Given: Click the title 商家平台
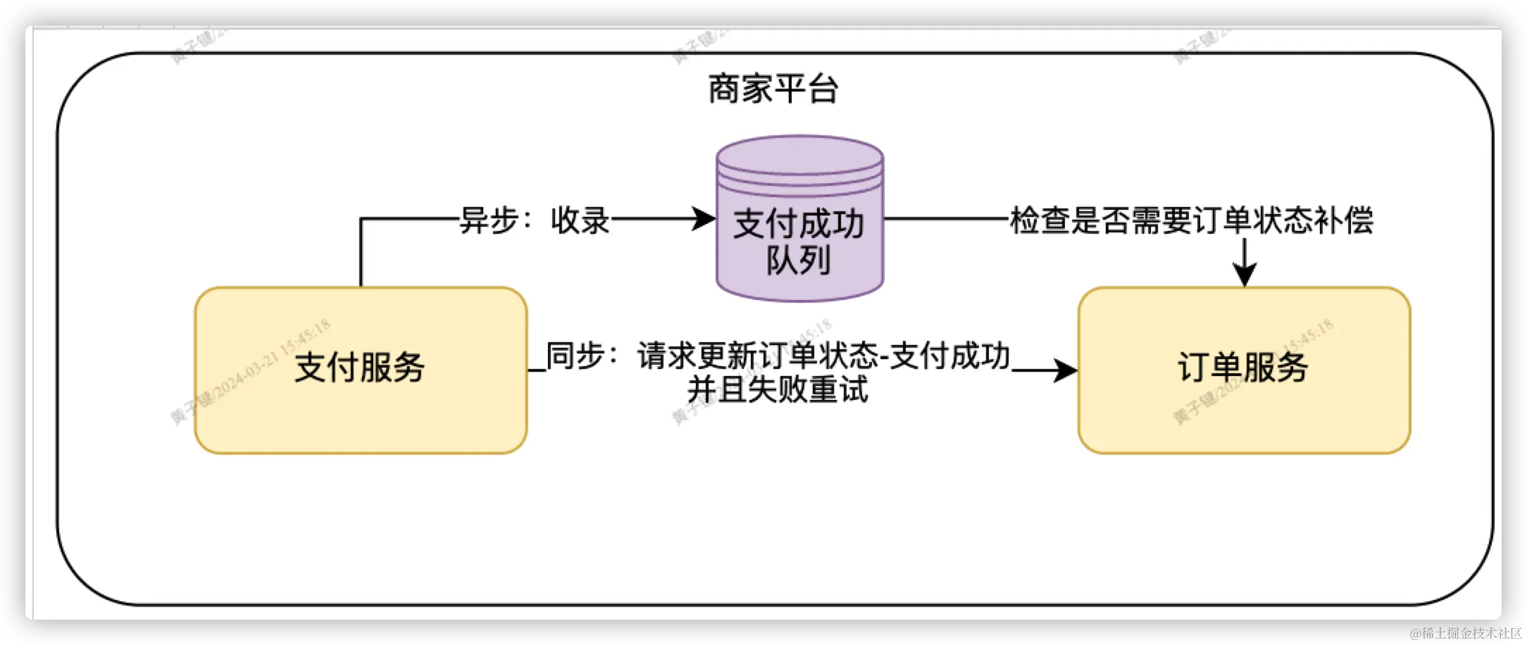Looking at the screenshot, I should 773,89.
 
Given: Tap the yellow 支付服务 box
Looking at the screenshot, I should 361,369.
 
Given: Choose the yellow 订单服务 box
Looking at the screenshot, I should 1244,369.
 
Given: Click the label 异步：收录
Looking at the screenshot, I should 535,220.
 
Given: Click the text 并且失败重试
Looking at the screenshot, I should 778,389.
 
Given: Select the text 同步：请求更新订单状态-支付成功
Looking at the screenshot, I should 778,356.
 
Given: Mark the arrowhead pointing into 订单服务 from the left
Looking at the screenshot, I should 1065,370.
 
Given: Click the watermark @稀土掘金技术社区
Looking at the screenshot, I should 1464,632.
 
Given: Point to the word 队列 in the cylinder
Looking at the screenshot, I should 799,261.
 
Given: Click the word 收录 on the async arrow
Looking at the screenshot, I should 580,220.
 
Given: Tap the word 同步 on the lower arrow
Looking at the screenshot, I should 575,356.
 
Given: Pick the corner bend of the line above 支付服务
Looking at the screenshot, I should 361,219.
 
